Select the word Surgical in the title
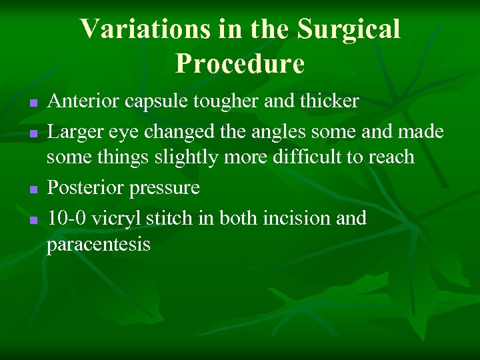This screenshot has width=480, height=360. [x=349, y=29]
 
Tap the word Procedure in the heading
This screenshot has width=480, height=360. [x=240, y=63]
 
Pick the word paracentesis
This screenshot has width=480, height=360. [x=99, y=245]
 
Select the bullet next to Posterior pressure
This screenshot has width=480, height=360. [x=33, y=190]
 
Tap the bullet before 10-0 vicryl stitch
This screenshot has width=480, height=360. [x=33, y=220]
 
